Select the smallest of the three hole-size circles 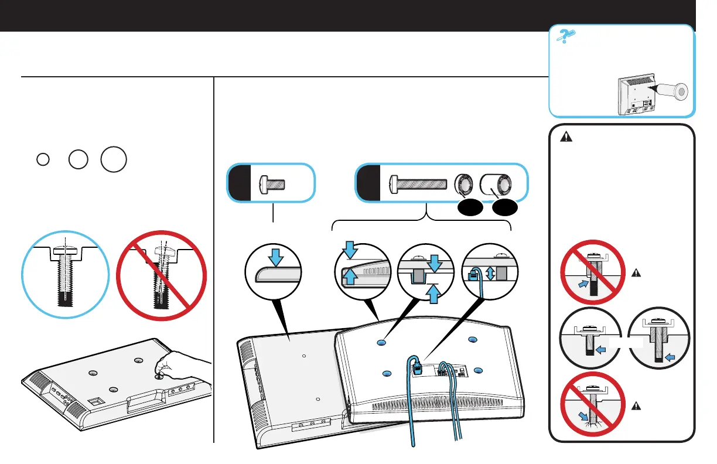[42, 160]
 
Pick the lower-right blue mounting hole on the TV [479, 370]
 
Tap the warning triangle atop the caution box [566, 138]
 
